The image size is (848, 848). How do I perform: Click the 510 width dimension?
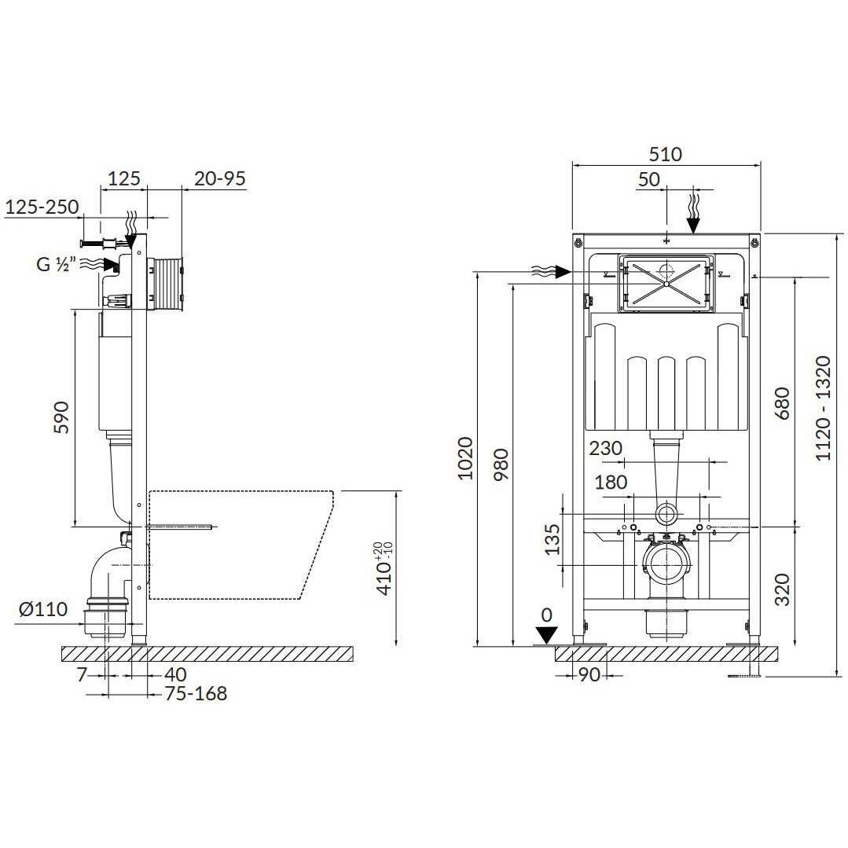666,154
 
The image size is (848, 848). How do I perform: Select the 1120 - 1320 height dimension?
823,408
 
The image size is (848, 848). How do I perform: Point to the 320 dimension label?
782,589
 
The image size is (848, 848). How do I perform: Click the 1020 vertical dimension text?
465,460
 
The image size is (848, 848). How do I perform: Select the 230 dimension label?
606,449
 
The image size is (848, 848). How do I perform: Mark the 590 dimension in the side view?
62,417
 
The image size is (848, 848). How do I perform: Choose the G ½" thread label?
56,264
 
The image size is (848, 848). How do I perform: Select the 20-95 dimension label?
220,178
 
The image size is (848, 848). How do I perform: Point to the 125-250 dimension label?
42,207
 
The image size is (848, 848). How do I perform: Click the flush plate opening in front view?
666,282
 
